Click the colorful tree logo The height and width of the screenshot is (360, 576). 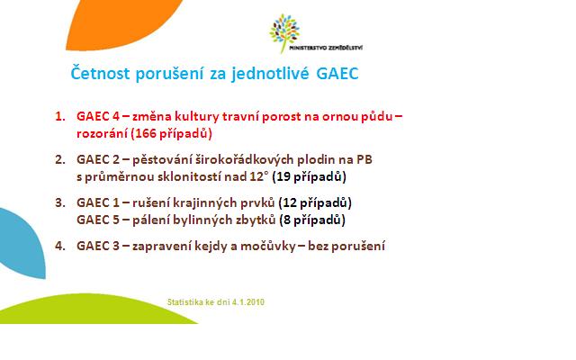click(284, 33)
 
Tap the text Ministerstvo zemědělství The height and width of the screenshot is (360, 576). click(326, 48)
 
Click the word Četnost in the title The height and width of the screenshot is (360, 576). click(100, 73)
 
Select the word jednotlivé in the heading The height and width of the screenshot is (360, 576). click(270, 74)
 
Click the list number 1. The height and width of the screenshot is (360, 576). click(60, 116)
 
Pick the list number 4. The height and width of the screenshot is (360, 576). click(60, 246)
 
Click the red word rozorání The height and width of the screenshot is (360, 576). click(102, 133)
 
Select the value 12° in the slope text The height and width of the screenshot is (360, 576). click(256, 176)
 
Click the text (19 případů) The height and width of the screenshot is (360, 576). click(309, 177)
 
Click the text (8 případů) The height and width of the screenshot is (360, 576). click(312, 220)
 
